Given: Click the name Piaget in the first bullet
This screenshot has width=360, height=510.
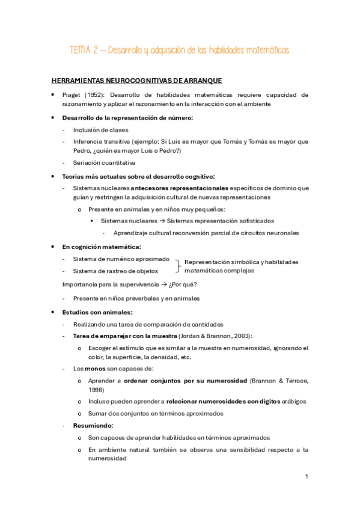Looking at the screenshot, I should (x=72, y=95).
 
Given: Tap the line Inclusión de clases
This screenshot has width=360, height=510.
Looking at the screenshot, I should (x=100, y=130).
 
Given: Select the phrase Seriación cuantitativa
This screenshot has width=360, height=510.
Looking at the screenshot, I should (x=104, y=162).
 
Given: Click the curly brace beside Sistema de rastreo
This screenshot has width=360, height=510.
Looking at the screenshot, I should (x=178, y=265).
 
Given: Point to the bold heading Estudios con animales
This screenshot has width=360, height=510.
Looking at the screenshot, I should (x=97, y=312).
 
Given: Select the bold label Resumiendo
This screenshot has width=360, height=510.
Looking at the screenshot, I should (x=93, y=425).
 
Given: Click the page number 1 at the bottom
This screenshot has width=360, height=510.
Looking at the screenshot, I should (x=307, y=477).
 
